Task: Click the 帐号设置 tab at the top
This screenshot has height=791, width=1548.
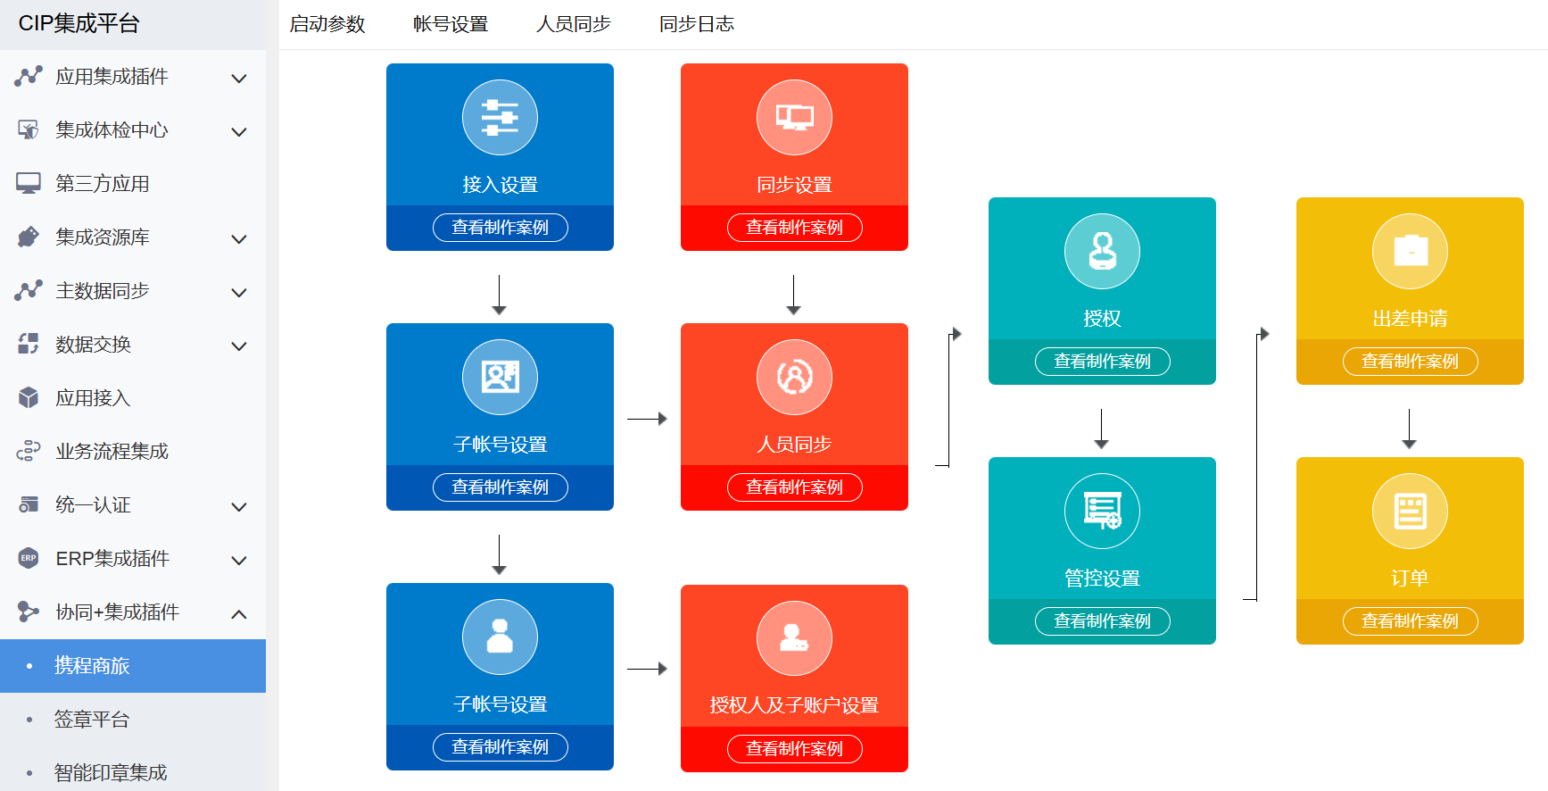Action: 451,24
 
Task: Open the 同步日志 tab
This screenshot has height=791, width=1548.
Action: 696,24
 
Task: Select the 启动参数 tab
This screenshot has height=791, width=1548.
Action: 327,24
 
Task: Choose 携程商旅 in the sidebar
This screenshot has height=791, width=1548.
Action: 92,666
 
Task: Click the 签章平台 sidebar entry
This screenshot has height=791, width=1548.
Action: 92,720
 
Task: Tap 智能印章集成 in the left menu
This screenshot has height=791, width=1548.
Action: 111,772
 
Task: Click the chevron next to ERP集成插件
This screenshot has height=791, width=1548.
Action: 239,561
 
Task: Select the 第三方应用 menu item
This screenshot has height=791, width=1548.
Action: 102,184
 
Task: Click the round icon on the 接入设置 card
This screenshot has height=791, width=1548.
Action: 500,118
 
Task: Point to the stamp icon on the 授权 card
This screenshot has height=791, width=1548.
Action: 1102,252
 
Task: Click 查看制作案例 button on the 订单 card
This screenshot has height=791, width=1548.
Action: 1410,621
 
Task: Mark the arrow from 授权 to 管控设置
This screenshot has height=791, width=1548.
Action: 1102,429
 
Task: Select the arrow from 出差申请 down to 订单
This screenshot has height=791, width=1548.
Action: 1410,429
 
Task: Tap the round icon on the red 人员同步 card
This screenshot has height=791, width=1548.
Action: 794,378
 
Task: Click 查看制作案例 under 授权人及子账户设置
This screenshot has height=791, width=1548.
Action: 794,749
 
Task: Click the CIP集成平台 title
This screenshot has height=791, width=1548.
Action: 79,24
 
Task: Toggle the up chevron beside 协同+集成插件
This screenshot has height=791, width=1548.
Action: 239,614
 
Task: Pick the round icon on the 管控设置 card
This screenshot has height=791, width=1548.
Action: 1102,512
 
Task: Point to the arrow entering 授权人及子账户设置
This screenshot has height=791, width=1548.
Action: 647,669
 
